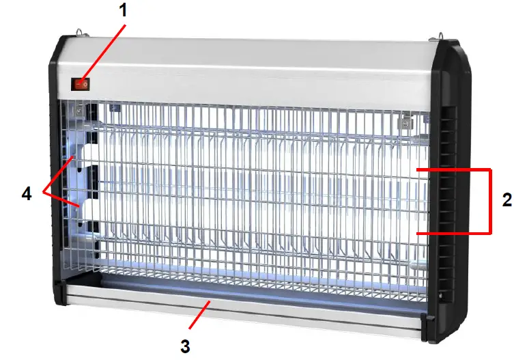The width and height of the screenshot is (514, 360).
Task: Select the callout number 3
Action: coord(184,346)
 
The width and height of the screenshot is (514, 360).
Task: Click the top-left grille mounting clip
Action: coord(81,109)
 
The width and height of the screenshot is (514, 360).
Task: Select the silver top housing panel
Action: coord(259,68)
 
